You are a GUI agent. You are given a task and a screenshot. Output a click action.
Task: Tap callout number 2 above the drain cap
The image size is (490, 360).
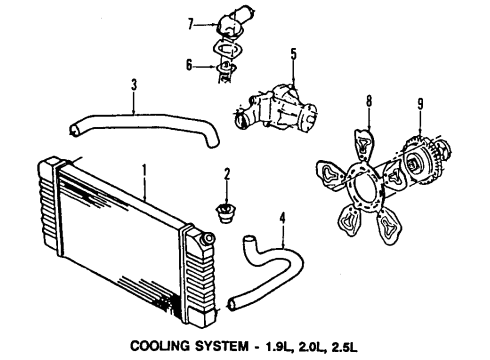(227, 175)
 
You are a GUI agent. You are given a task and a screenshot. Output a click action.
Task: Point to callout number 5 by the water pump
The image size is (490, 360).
(293, 54)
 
